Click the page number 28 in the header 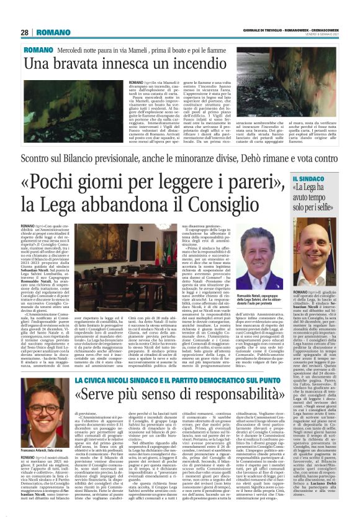[24, 32]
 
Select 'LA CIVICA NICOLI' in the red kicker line [101, 379]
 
